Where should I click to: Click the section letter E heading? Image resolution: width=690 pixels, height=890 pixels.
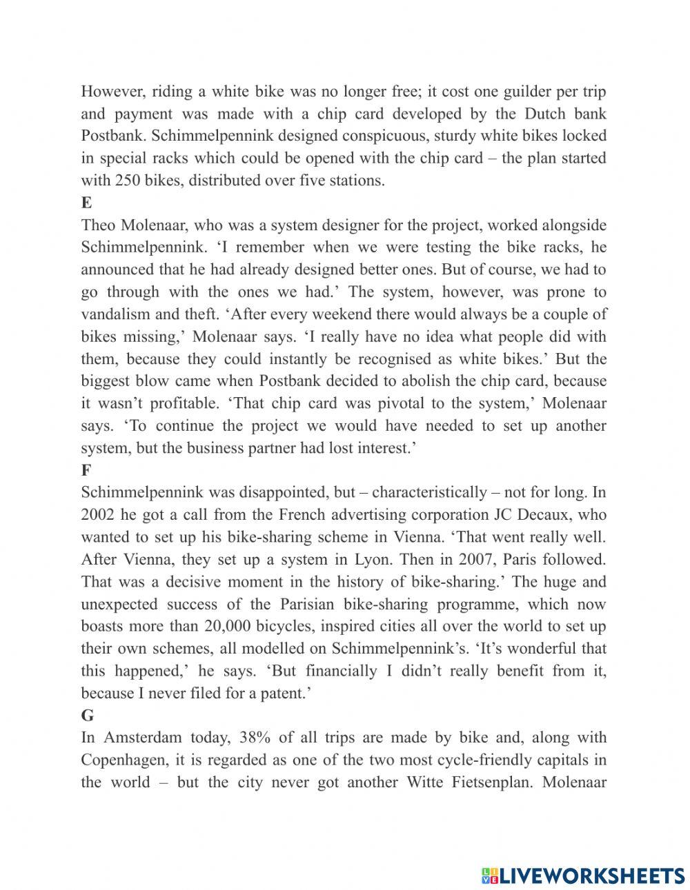86,203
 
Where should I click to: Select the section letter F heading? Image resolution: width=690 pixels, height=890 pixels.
86,470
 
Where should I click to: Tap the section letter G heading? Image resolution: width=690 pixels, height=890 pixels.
87,716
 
